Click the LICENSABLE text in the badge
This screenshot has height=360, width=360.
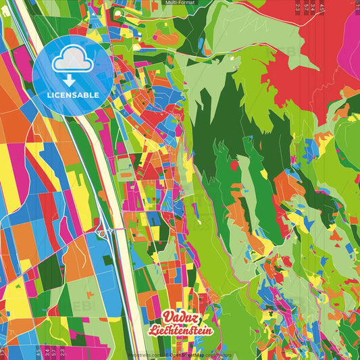coord(73,95)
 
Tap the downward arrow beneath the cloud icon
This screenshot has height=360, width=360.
coord(70,80)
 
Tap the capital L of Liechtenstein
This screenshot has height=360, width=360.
coord(165,331)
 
